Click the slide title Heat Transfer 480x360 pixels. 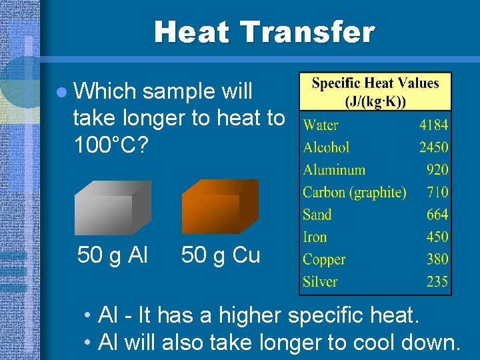(265, 31)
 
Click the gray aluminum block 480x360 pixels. (113, 207)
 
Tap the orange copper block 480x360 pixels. (220, 207)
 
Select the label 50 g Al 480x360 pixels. (113, 255)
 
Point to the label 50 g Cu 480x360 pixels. (221, 255)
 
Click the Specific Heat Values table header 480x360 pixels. (375, 92)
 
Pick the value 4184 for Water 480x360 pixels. (433, 125)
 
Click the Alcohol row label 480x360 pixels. (326, 147)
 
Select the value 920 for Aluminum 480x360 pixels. (437, 170)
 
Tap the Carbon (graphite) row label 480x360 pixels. (354, 193)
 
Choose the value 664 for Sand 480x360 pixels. (437, 215)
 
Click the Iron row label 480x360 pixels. (315, 237)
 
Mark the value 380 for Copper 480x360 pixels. (437, 259)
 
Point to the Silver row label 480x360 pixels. (320, 281)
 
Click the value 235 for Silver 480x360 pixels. (437, 281)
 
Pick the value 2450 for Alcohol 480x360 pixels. (433, 147)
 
